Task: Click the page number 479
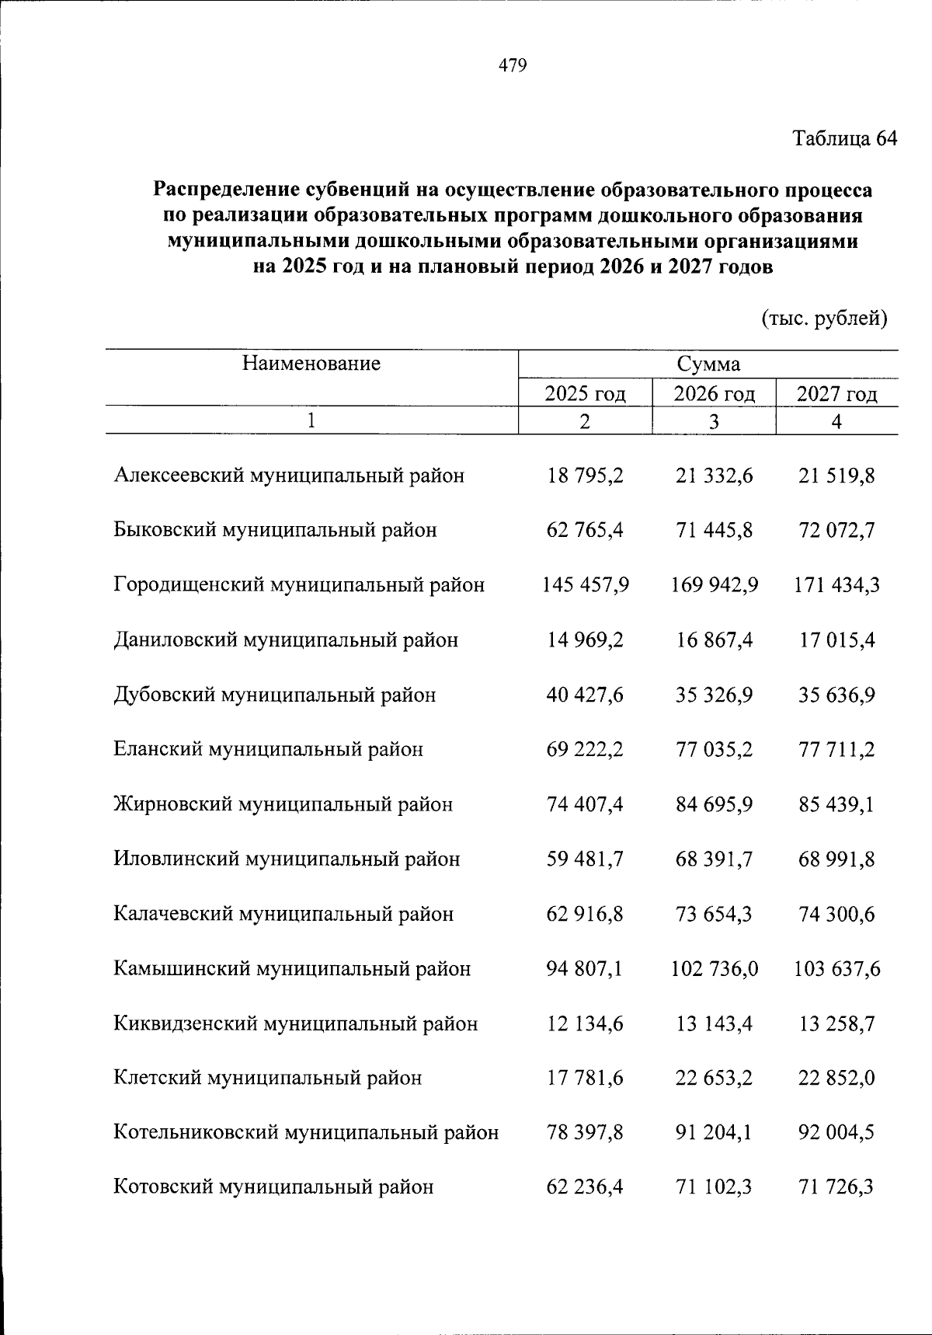(x=513, y=65)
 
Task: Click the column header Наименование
(x=311, y=363)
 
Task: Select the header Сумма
(x=708, y=364)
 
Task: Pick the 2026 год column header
(x=714, y=393)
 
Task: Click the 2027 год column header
(x=837, y=393)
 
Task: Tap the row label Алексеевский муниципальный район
(x=289, y=476)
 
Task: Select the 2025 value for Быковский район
(x=585, y=530)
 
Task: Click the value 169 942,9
(x=714, y=584)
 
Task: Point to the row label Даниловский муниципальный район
(x=286, y=640)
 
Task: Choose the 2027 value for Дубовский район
(x=837, y=695)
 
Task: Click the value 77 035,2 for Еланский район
(x=714, y=750)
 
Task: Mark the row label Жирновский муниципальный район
(x=283, y=804)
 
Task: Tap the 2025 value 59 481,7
(x=585, y=859)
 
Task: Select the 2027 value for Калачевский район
(x=837, y=914)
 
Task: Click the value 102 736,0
(x=714, y=969)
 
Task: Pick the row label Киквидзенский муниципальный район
(x=295, y=1024)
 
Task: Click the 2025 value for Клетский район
(x=585, y=1079)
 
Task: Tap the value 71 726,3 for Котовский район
(x=837, y=1187)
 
